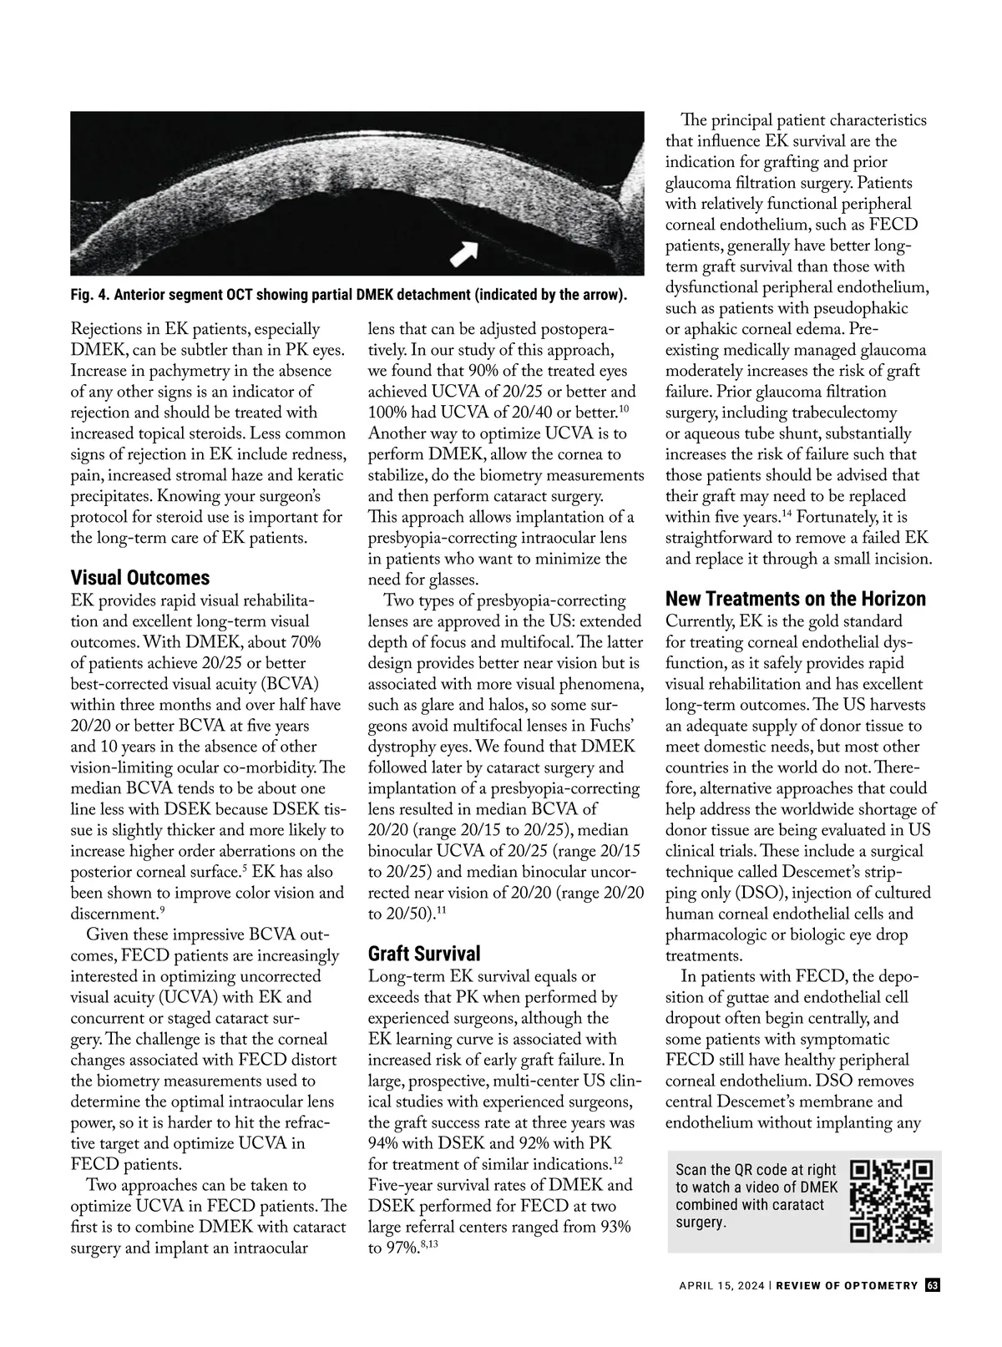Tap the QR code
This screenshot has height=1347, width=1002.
click(890, 1201)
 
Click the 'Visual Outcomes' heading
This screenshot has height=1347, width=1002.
click(140, 578)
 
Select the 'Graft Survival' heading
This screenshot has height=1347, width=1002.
click(424, 954)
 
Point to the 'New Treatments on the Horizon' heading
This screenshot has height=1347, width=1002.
click(795, 599)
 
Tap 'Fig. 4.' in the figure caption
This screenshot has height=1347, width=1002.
click(89, 296)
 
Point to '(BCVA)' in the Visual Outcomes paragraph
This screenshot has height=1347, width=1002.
click(292, 684)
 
